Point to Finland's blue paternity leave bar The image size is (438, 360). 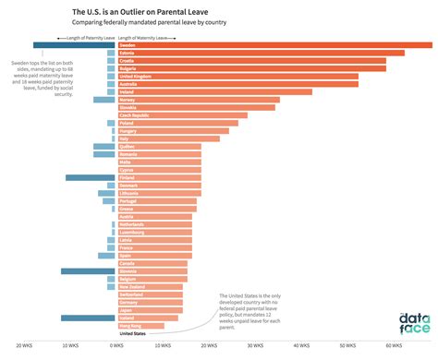tap(90, 177)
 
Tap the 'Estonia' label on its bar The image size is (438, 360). tap(128, 53)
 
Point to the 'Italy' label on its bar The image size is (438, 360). tap(125, 138)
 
